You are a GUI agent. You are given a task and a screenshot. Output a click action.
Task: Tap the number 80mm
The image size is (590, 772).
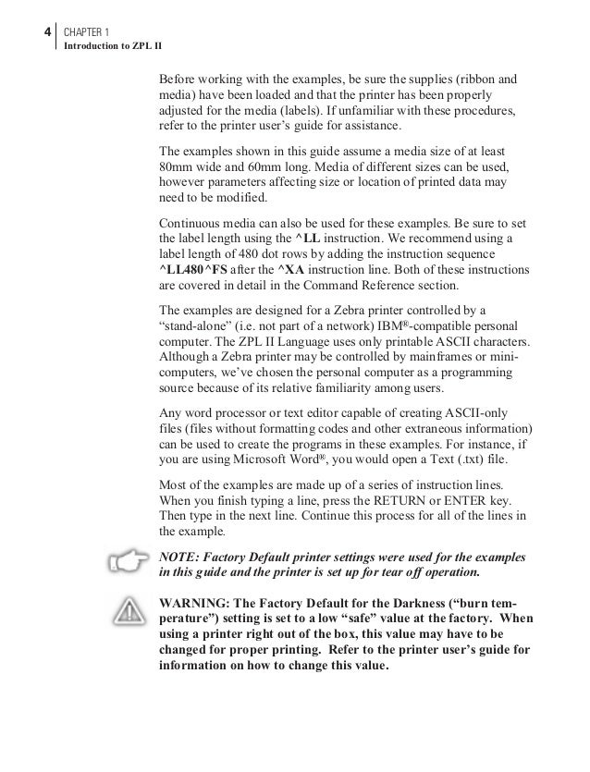(x=178, y=166)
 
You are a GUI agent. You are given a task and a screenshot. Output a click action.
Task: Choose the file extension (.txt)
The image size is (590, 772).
(x=487, y=460)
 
